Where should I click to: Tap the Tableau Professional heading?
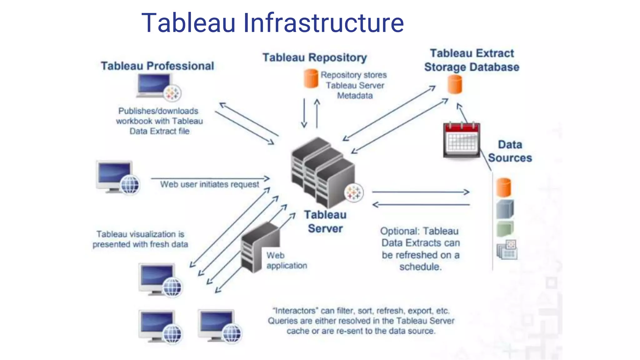(x=157, y=66)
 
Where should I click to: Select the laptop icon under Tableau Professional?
(x=155, y=86)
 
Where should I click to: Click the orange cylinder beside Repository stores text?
(x=311, y=78)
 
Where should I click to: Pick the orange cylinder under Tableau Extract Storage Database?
(x=455, y=84)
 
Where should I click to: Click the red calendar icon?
(x=462, y=140)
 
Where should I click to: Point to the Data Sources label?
(x=510, y=151)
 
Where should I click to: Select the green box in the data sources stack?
(x=505, y=229)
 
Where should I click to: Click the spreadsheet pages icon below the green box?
(x=507, y=250)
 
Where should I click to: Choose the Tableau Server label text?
(x=325, y=222)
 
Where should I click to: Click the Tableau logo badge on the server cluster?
(x=354, y=193)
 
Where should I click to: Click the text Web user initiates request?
(x=209, y=184)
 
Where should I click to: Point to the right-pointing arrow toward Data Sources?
(x=420, y=192)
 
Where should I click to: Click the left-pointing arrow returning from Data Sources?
(x=420, y=205)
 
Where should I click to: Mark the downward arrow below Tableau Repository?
(x=304, y=113)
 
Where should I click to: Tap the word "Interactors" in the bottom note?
(x=295, y=311)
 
